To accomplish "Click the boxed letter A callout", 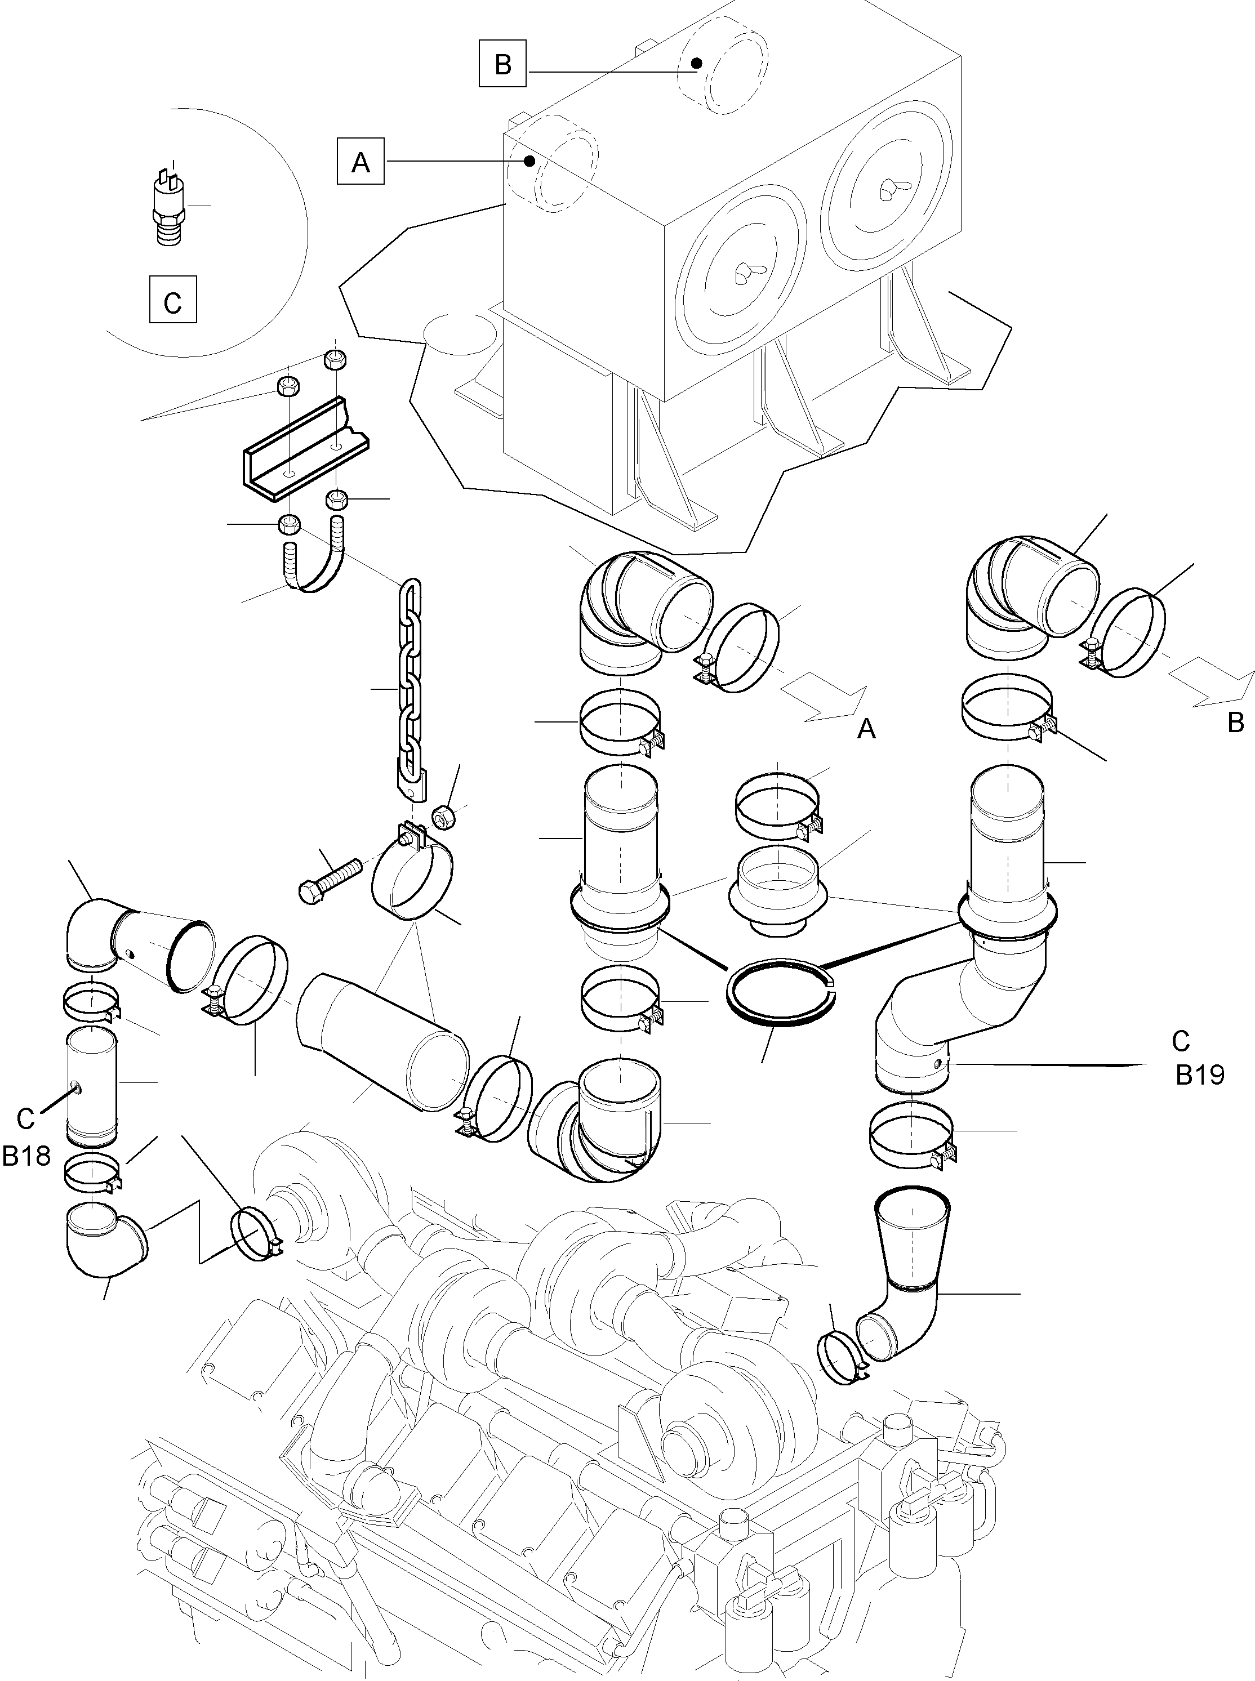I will coord(361,161).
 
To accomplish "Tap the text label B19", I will coord(1200,1075).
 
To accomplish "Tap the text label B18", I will coord(26,1156).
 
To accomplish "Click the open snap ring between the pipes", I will coord(781,993).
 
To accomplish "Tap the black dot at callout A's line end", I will coord(530,160).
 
